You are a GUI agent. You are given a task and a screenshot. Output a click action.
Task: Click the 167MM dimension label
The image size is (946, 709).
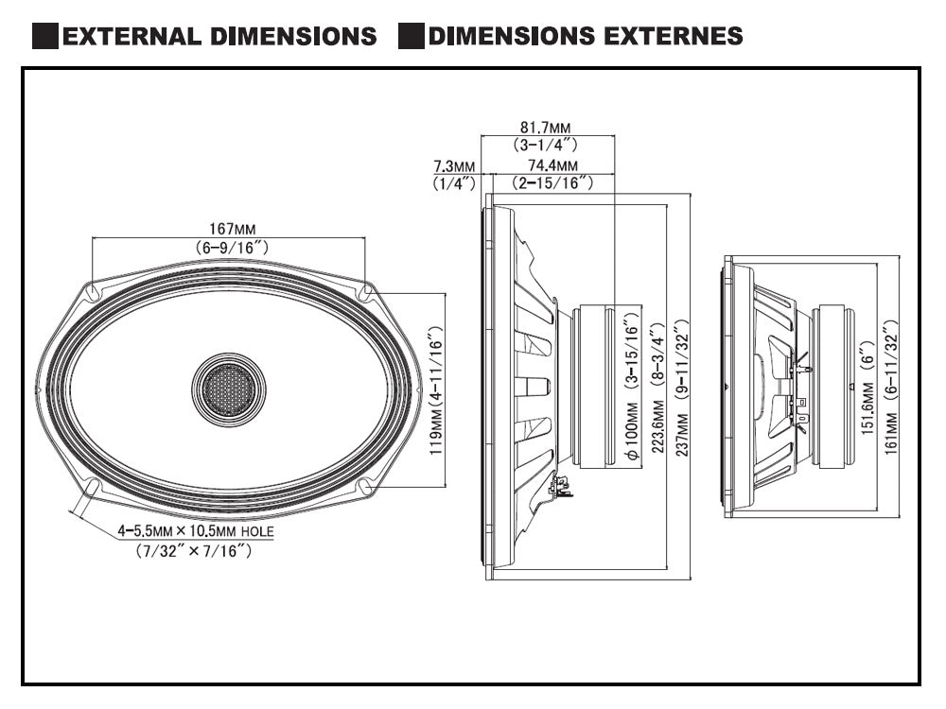(x=232, y=229)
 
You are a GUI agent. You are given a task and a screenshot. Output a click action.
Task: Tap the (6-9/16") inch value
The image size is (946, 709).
(x=232, y=247)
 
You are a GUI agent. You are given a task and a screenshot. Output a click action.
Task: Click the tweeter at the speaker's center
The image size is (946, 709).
(x=228, y=389)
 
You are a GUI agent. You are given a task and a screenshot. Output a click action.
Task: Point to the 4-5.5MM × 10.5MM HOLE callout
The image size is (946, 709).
(x=196, y=531)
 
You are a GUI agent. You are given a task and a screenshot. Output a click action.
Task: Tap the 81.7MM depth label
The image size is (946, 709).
(x=546, y=127)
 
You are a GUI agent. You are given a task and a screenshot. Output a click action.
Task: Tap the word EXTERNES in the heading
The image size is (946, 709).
(x=676, y=37)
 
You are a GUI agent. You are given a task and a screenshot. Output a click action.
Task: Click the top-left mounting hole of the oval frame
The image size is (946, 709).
(x=93, y=293)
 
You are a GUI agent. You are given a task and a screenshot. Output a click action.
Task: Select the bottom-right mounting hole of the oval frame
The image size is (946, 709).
(x=364, y=486)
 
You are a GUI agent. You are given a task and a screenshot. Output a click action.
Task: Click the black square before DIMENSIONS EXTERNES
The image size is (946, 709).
(x=410, y=37)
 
